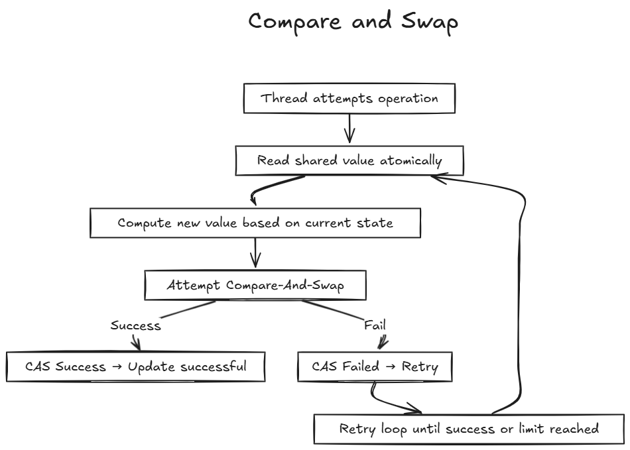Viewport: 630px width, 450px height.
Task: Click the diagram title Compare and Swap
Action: pos(353,22)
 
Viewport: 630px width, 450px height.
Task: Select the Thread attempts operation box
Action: pos(349,98)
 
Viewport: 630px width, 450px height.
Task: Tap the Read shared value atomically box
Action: pos(349,160)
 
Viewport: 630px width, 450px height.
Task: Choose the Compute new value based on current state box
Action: pos(255,223)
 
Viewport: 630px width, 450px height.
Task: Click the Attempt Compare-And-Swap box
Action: pos(255,285)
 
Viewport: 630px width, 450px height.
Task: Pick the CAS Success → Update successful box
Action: pos(136,366)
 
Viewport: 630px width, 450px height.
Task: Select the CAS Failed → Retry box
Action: pos(375,366)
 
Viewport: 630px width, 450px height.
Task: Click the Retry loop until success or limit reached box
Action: pos(469,429)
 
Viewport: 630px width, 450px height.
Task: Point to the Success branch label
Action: pos(136,325)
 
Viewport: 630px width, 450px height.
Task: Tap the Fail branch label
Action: pos(375,325)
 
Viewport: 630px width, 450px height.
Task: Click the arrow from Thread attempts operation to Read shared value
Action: pos(349,129)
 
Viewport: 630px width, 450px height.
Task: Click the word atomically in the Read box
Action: pos(411,161)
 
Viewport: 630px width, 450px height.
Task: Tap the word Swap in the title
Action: pos(430,23)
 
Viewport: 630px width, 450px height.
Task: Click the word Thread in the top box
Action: pos(284,98)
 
